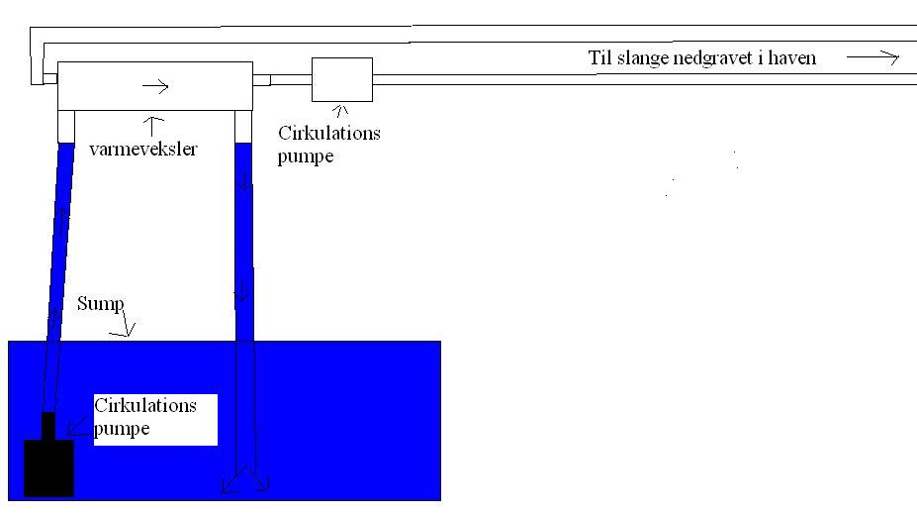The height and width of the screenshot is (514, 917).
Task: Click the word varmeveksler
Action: pyautogui.click(x=142, y=151)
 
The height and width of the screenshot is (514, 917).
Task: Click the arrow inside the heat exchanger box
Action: pyautogui.click(x=155, y=87)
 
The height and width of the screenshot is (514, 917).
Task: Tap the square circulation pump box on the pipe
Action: pyautogui.click(x=341, y=79)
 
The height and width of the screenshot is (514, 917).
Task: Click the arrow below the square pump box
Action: pyautogui.click(x=340, y=111)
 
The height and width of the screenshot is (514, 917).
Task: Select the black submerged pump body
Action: pyautogui.click(x=48, y=467)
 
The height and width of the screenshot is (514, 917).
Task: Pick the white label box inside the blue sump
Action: pyautogui.click(x=154, y=418)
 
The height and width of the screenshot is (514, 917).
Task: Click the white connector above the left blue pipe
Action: pyautogui.click(x=66, y=126)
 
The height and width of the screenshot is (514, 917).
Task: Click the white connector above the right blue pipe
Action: pyautogui.click(x=243, y=126)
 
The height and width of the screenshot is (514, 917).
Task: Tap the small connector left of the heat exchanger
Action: pyautogui.click(x=50, y=79)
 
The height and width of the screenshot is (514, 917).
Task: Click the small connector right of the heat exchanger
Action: pyautogui.click(x=261, y=79)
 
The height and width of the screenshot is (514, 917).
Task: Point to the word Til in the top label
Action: pyautogui.click(x=599, y=57)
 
